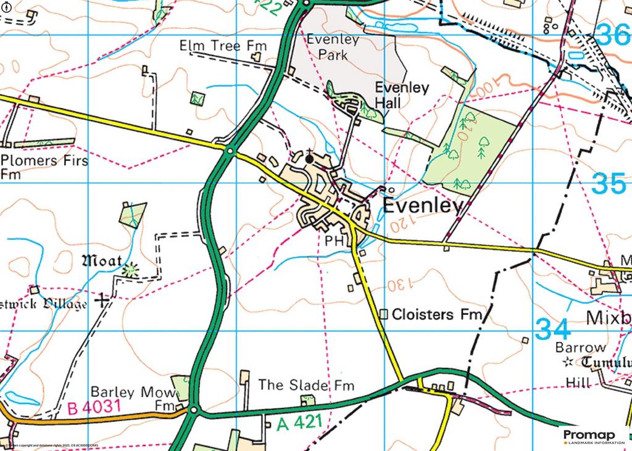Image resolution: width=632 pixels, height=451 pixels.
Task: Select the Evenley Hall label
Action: [x=402, y=95]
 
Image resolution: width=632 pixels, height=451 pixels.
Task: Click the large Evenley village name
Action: [x=423, y=206]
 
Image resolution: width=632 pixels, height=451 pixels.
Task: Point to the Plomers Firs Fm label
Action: [x=44, y=167]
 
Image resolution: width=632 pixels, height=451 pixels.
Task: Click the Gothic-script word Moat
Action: [x=102, y=261]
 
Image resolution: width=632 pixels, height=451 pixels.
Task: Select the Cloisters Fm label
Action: [x=436, y=315]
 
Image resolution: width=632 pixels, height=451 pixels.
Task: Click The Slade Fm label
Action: [x=306, y=386]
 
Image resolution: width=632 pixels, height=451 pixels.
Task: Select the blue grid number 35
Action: [x=610, y=183]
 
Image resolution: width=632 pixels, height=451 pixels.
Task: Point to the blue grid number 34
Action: [x=553, y=328]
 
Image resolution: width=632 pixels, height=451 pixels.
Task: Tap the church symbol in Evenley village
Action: [x=309, y=159]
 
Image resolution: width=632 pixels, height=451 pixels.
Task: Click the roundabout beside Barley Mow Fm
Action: [x=194, y=410]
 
